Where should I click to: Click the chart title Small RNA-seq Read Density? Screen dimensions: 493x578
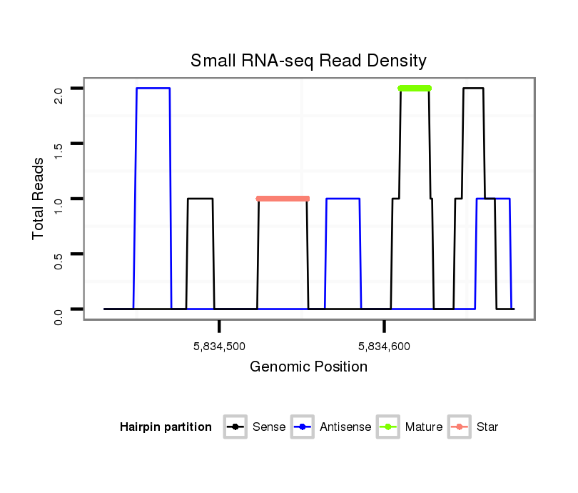308,61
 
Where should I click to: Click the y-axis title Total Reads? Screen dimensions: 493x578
39,199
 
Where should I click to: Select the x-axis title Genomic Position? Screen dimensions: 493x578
308,367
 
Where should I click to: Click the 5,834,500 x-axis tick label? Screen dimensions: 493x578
219,347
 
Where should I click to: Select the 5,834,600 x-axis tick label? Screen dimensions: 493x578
385,347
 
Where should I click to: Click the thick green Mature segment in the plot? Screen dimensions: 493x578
415,88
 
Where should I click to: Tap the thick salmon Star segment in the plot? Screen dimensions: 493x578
283,199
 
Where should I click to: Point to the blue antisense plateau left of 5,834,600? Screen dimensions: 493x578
343,199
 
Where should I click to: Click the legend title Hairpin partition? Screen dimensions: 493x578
166,427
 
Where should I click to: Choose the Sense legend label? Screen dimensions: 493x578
269,427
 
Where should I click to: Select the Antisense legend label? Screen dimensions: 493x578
345,427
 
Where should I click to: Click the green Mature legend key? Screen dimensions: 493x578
388,427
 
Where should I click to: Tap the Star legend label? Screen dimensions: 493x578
487,427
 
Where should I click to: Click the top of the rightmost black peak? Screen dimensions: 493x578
473,88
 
